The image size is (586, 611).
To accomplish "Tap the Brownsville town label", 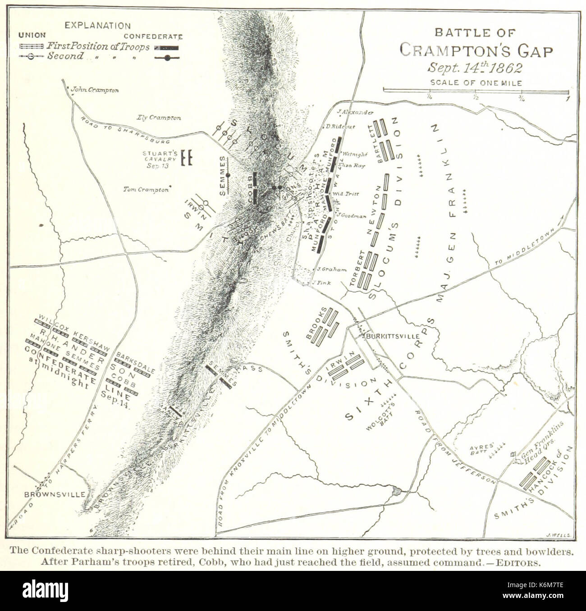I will coord(55,494).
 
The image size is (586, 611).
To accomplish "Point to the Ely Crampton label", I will coord(159,118).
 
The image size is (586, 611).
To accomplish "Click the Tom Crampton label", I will coord(146,190).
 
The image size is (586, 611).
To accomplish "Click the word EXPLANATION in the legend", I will coord(97,26).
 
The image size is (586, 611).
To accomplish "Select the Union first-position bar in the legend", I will coord(32,46).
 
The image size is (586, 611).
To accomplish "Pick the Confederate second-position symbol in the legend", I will coord(167,57).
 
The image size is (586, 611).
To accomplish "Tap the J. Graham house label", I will coord(332,270).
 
